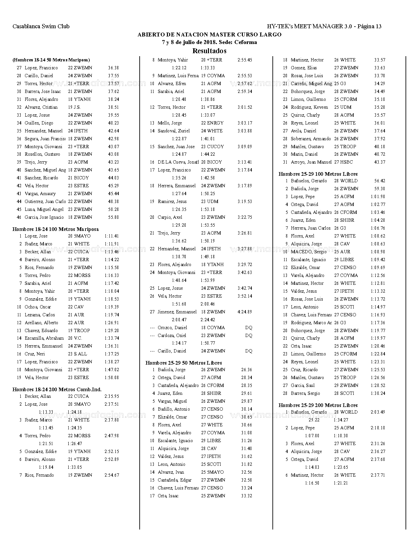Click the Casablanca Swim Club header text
(x=41, y=26)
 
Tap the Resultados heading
(x=209, y=51)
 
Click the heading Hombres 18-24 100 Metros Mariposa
(x=56, y=229)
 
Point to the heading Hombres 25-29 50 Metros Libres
(x=184, y=363)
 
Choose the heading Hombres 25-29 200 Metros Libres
(x=318, y=405)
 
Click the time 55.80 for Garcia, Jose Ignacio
(x=113, y=217)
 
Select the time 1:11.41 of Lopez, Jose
(x=112, y=236)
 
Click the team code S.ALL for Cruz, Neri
(x=80, y=354)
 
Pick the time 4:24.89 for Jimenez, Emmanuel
(x=245, y=312)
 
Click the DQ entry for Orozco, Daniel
(x=249, y=327)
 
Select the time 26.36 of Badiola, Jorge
(x=246, y=370)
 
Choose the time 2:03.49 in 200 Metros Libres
(x=378, y=412)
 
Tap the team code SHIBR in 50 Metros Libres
(x=214, y=393)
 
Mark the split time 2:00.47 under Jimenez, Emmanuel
(x=179, y=320)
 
